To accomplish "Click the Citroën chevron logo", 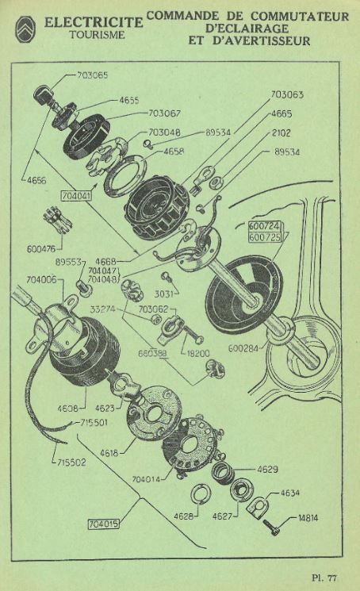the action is [x=25, y=29].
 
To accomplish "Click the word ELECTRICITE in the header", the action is [x=94, y=22].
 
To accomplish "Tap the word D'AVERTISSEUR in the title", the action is [x=261, y=40].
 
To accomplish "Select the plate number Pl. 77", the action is [x=324, y=578].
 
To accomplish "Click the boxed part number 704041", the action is [x=75, y=197].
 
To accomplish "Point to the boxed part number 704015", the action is [x=104, y=524].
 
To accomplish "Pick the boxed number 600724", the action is [x=264, y=226].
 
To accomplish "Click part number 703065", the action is [x=92, y=75].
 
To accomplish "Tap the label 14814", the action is [x=308, y=518].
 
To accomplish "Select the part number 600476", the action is [x=41, y=249].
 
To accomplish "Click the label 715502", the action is [x=71, y=462].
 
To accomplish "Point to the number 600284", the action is [x=243, y=348].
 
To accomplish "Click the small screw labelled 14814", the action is [x=271, y=528].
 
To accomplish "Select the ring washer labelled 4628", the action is [x=201, y=494].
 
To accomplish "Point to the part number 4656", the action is [x=36, y=181].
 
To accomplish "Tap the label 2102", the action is [x=281, y=132].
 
